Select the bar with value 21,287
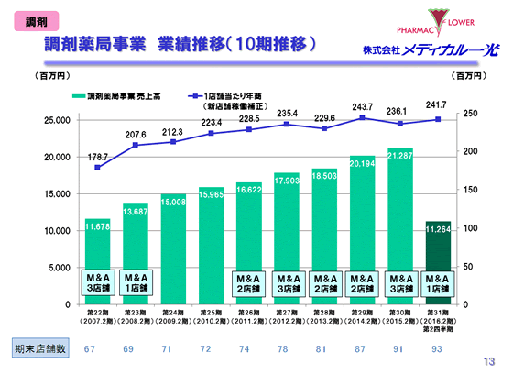click(400, 225)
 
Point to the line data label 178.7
click(98, 157)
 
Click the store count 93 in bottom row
click(438, 349)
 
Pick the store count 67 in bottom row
click(90, 349)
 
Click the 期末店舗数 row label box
click(39, 349)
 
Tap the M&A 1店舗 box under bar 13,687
click(136, 280)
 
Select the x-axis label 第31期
click(438, 312)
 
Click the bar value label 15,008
click(173, 201)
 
